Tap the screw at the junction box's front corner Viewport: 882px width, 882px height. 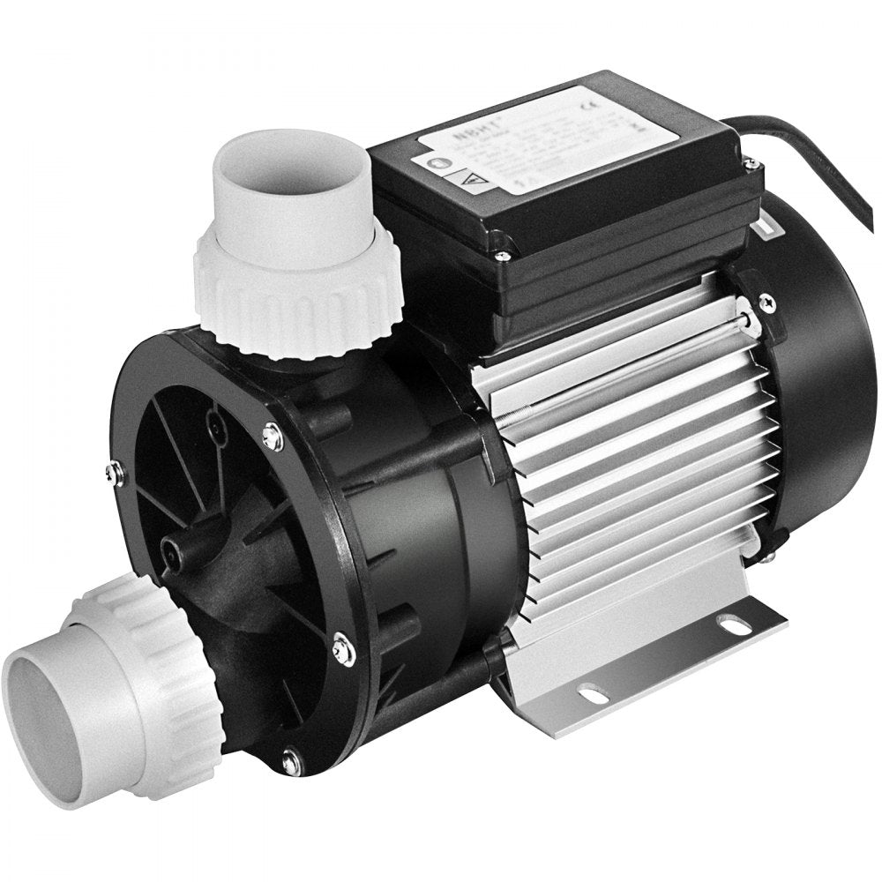pyautogui.click(x=501, y=256)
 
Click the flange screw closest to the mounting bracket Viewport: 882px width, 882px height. pyautogui.click(x=345, y=650)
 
